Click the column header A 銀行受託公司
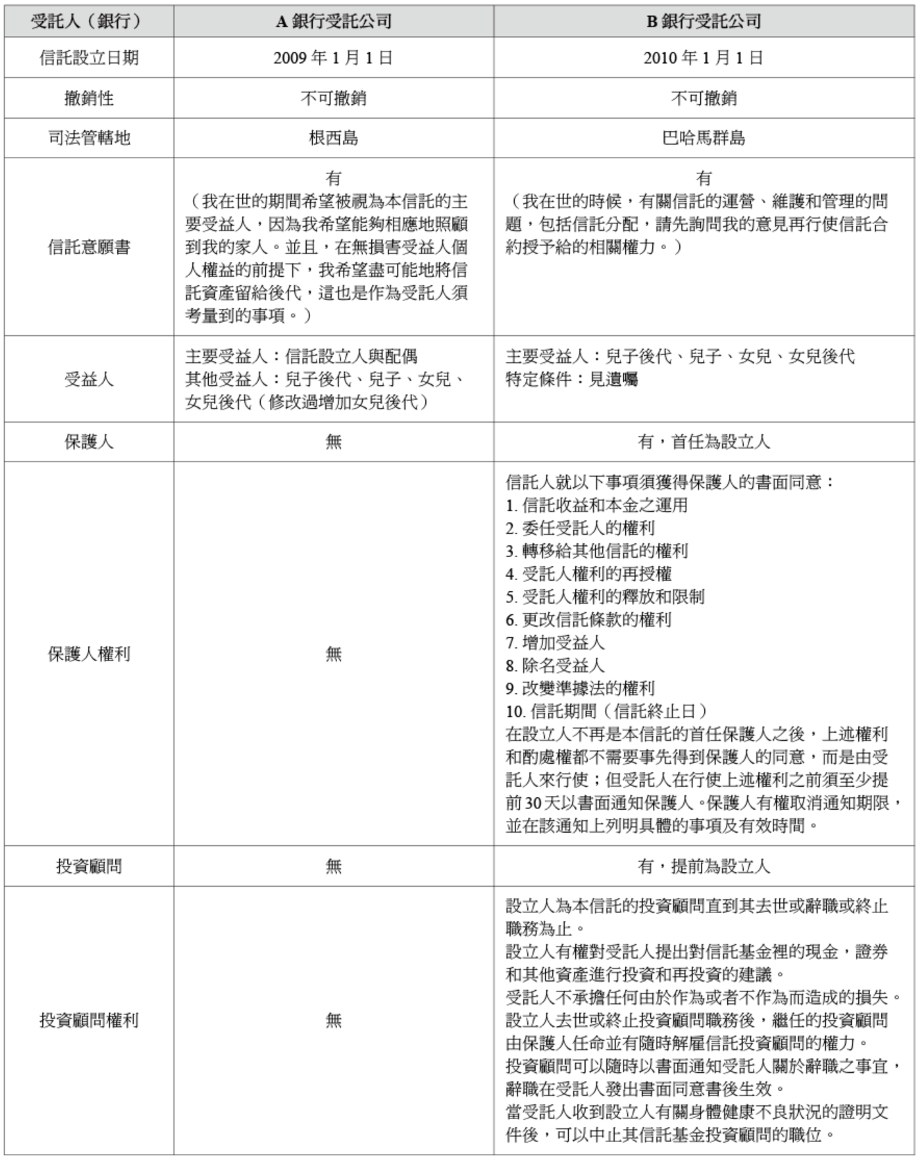point(333,22)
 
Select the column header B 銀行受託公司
point(704,22)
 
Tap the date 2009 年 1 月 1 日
point(333,58)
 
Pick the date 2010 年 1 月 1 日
point(704,58)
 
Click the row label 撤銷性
point(89,99)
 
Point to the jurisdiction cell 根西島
point(333,138)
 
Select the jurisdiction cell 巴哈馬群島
point(704,138)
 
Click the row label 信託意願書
point(89,247)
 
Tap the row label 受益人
point(89,380)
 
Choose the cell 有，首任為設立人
point(704,442)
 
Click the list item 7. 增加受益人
point(555,643)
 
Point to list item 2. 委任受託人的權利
point(580,528)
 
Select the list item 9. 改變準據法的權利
point(580,688)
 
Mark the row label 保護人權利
point(89,654)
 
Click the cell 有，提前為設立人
point(704,866)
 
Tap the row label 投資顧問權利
point(89,1021)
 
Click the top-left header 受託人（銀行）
point(89,22)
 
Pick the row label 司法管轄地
point(89,138)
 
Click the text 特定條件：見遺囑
point(572,380)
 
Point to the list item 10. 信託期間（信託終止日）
point(607,711)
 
